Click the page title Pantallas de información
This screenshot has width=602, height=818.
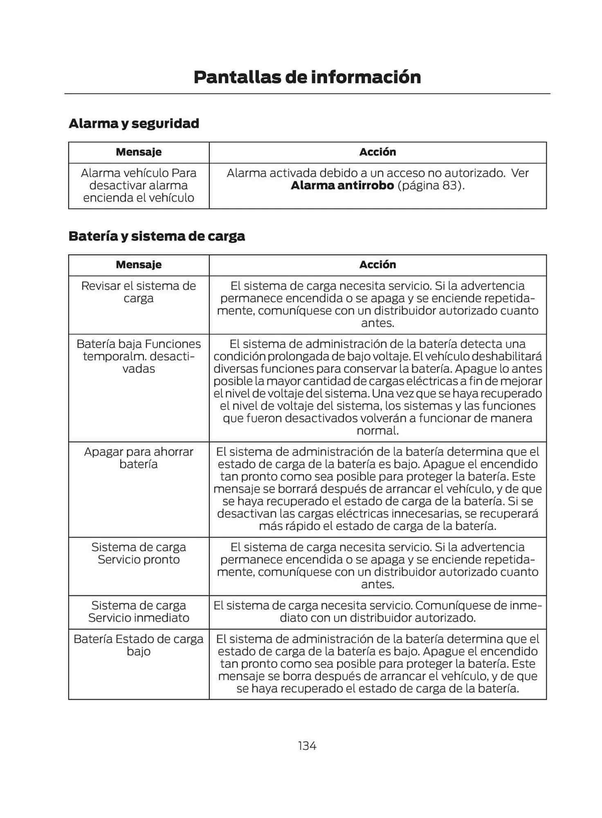coord(307,77)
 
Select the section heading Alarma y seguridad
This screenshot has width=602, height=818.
coord(134,123)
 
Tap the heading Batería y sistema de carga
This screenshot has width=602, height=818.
coord(157,236)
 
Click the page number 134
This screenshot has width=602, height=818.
coord(307,746)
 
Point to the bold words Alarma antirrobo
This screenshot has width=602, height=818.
coord(342,186)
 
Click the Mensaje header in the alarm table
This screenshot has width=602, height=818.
coord(139,152)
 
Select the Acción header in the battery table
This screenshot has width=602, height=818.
coord(377,265)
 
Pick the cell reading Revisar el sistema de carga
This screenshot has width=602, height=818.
coord(139,292)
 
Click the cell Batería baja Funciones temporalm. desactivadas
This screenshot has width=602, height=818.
coord(139,356)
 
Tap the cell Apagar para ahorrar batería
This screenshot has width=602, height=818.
coord(139,458)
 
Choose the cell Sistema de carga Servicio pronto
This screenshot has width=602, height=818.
coord(139,553)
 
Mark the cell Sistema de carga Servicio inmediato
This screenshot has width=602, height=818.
coord(139,611)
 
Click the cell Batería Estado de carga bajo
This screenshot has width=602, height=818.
coord(139,645)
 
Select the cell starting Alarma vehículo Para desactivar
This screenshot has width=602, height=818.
coord(139,185)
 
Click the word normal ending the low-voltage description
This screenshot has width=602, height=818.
coord(377,431)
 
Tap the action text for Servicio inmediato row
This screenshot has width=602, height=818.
coord(377,611)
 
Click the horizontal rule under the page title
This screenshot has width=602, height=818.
coord(307,94)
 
